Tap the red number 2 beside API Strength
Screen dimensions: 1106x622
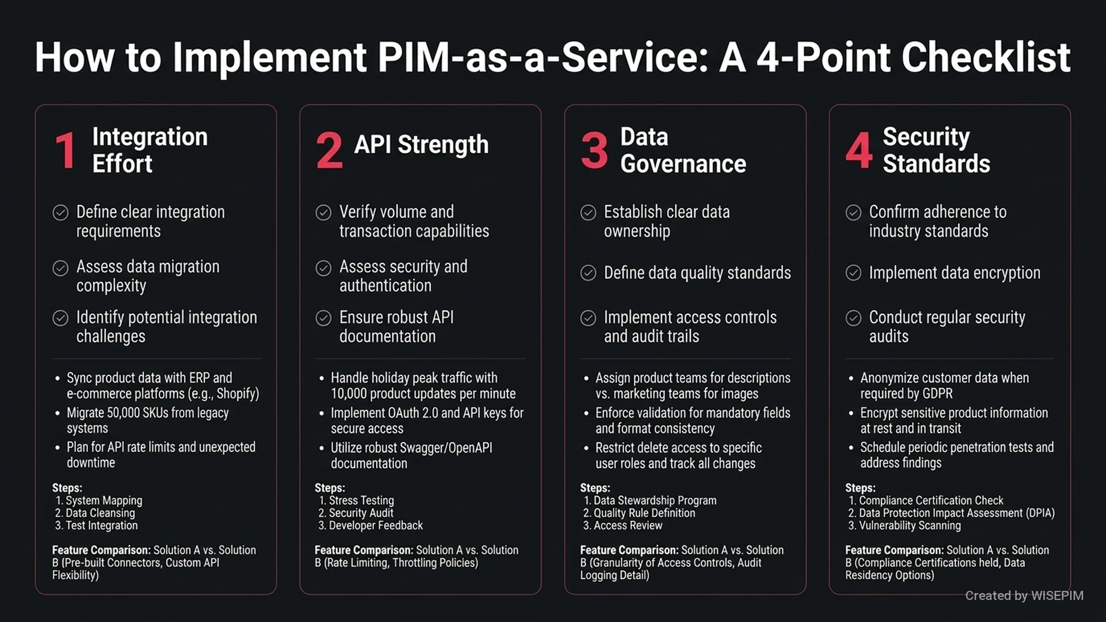pos(329,150)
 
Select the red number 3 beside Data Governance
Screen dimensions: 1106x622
pos(594,150)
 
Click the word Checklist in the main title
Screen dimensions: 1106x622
pos(985,57)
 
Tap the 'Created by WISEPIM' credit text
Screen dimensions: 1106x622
pos(1024,596)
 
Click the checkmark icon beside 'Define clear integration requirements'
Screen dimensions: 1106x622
pos(60,213)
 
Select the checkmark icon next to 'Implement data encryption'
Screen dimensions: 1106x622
pos(853,273)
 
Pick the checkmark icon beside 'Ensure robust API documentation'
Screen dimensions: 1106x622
pos(323,318)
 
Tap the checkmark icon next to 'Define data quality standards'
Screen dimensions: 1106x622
pos(588,273)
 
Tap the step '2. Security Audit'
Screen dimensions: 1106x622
pos(356,513)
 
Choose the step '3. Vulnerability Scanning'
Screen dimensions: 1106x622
pos(905,525)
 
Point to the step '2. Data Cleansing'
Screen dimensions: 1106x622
pos(95,513)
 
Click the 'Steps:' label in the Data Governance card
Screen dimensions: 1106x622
pos(595,488)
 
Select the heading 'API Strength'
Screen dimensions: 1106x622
pos(421,144)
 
